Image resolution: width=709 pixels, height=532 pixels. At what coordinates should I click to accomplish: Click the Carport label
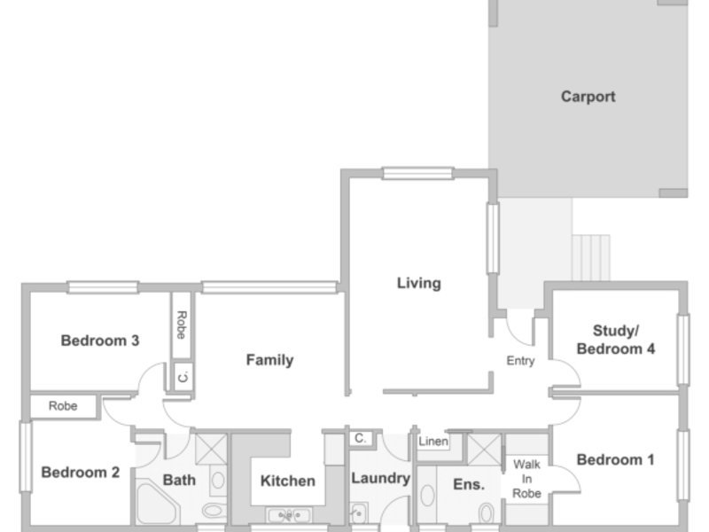(588, 97)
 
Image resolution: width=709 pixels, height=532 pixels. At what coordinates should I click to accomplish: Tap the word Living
(418, 283)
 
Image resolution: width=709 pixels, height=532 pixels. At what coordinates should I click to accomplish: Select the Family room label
(269, 360)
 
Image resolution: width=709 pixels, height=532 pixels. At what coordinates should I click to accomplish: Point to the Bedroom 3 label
(100, 340)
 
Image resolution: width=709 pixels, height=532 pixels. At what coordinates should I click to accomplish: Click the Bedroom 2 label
(81, 473)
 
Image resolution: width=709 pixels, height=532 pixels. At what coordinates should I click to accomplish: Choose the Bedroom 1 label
(615, 460)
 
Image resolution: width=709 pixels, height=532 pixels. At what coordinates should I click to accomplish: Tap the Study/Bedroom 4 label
(615, 340)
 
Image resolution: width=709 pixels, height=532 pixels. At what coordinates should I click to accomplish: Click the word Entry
(520, 361)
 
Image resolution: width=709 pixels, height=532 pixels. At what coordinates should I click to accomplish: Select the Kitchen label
(287, 481)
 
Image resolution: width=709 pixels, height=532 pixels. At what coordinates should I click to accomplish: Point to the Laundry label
(381, 478)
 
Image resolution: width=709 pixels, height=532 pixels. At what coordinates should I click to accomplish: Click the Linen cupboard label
(433, 441)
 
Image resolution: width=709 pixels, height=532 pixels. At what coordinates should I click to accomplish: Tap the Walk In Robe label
(526, 479)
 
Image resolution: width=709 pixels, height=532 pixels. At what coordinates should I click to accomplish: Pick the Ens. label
(469, 484)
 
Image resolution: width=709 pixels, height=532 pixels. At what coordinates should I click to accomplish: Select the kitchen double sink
(289, 515)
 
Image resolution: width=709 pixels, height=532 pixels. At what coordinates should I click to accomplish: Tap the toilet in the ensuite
(487, 512)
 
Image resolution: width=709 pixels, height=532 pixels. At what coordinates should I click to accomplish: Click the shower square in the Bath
(211, 449)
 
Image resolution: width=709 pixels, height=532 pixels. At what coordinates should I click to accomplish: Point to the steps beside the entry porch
(591, 257)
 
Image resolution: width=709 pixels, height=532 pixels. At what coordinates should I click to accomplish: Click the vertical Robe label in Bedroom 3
(182, 325)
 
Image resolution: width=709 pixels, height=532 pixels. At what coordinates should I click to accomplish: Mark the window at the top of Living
(417, 173)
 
